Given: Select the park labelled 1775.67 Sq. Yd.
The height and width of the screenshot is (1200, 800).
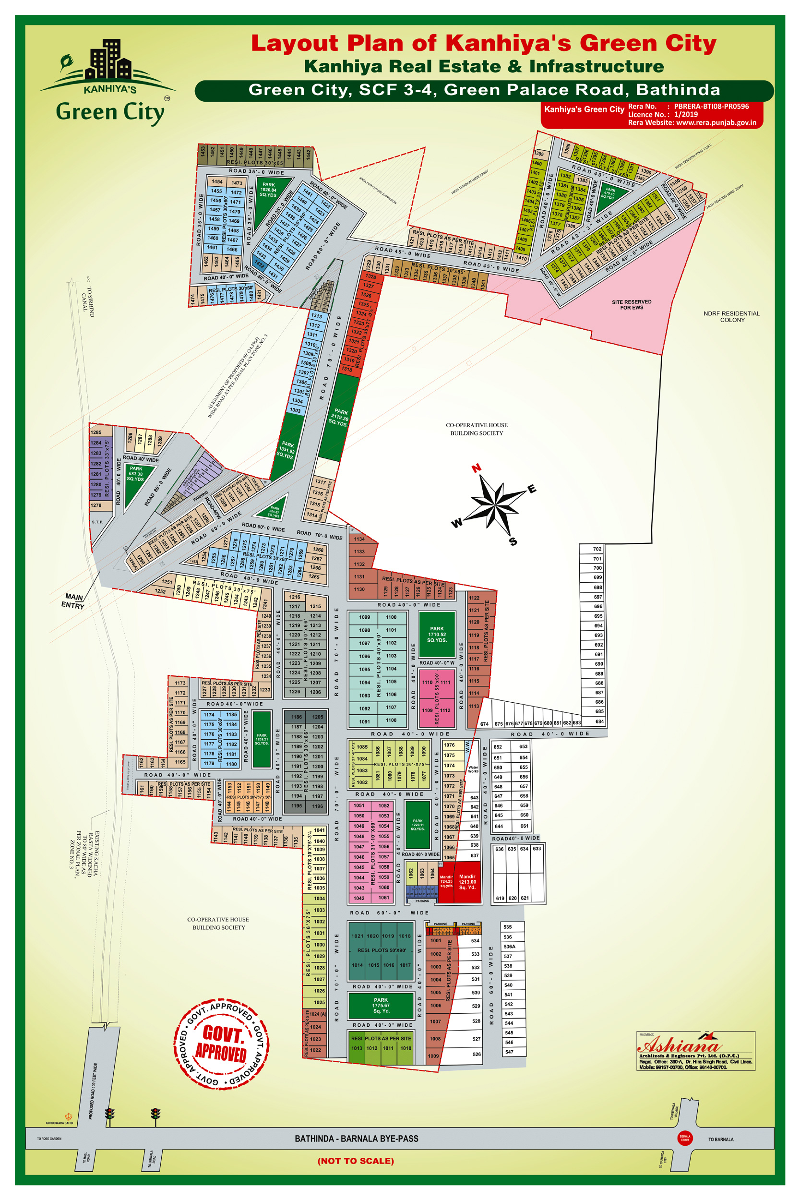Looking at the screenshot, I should point(381,1005).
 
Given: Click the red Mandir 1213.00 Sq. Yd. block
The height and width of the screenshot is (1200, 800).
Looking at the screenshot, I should point(467,882).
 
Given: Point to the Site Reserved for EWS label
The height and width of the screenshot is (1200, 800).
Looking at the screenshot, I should point(631,305).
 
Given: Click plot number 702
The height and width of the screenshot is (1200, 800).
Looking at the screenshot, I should point(597,549).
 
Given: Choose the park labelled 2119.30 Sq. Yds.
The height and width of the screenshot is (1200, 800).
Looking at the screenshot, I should point(339,417).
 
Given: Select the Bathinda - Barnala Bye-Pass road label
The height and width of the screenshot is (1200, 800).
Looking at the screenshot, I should point(356,1139).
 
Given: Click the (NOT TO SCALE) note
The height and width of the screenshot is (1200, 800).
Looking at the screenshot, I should point(356,1161).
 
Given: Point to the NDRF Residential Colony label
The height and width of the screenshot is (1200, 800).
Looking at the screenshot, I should point(732,316).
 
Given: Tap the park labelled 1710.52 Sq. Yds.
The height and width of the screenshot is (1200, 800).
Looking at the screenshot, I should point(437,635).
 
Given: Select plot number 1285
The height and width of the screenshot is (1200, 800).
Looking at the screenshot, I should point(96,432).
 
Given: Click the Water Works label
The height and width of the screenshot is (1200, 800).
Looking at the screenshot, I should point(473,769).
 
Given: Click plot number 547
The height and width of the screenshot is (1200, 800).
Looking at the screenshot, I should point(509,1052).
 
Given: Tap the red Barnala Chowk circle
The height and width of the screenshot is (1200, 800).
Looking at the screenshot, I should point(685,1138).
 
